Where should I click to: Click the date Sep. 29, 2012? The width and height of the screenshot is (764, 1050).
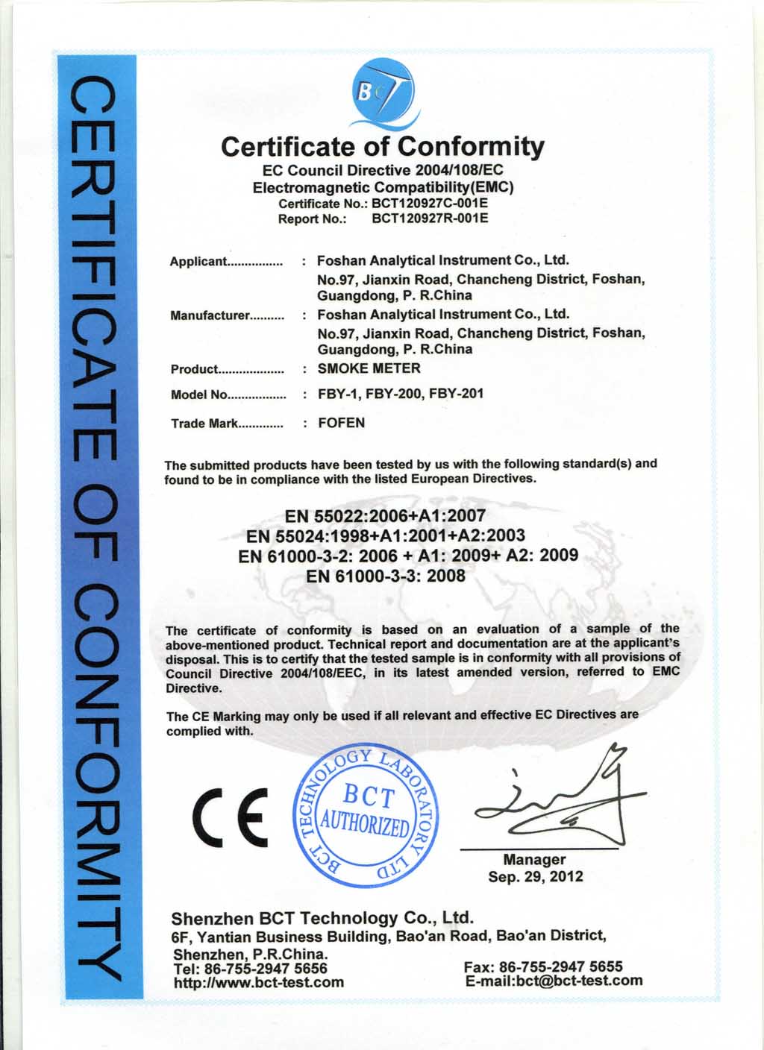(536, 876)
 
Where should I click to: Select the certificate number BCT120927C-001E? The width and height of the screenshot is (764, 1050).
(430, 203)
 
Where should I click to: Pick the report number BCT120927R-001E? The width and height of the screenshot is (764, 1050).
(430, 219)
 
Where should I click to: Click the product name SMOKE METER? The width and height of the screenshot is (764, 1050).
(369, 368)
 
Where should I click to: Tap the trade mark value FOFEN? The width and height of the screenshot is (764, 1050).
(342, 423)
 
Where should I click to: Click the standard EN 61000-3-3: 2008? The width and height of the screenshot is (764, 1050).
(386, 576)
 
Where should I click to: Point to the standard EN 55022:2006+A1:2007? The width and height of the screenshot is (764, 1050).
(385, 515)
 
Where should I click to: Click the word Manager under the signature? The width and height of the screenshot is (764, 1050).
(534, 860)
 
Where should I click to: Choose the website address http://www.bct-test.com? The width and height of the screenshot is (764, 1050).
(258, 983)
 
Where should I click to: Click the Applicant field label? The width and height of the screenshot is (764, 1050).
(198, 262)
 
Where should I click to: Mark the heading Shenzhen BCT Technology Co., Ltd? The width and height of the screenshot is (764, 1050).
(322, 917)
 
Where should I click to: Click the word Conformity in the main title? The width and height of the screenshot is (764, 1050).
(470, 146)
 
